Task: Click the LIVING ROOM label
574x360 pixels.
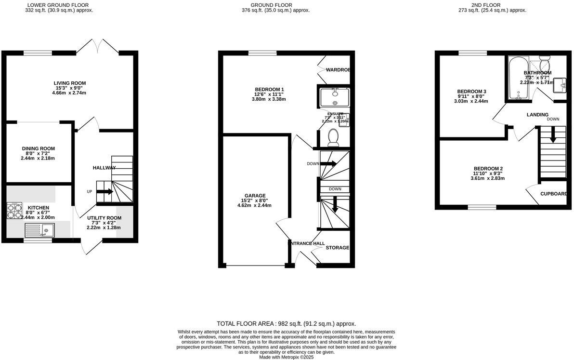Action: point(69,83)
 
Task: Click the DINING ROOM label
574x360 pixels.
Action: point(38,148)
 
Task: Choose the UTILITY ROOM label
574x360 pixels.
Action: point(101,218)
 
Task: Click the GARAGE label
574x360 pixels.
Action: point(254,196)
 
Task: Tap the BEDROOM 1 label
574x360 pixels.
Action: point(269,89)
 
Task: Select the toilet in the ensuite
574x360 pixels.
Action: point(333,138)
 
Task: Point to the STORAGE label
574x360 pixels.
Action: point(337,248)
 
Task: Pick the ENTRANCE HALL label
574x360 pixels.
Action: point(306,243)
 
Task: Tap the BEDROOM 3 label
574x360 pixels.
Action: point(471,92)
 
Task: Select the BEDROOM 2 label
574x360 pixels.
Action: point(487,168)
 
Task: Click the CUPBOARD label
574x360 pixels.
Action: point(553,194)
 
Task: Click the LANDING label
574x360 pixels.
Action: point(537,115)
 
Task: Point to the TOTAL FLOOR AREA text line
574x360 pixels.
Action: point(287,324)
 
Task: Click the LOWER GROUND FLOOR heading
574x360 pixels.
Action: point(59,5)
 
